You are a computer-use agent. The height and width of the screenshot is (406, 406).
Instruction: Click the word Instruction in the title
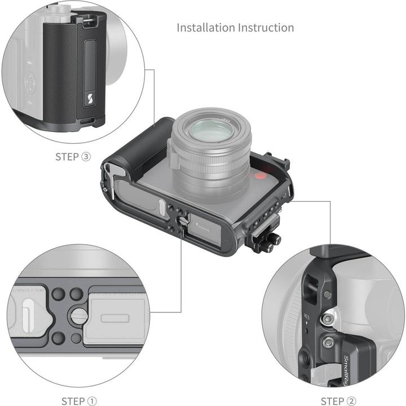pos(266,27)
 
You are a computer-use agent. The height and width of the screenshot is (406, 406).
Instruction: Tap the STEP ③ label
pos(73,157)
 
